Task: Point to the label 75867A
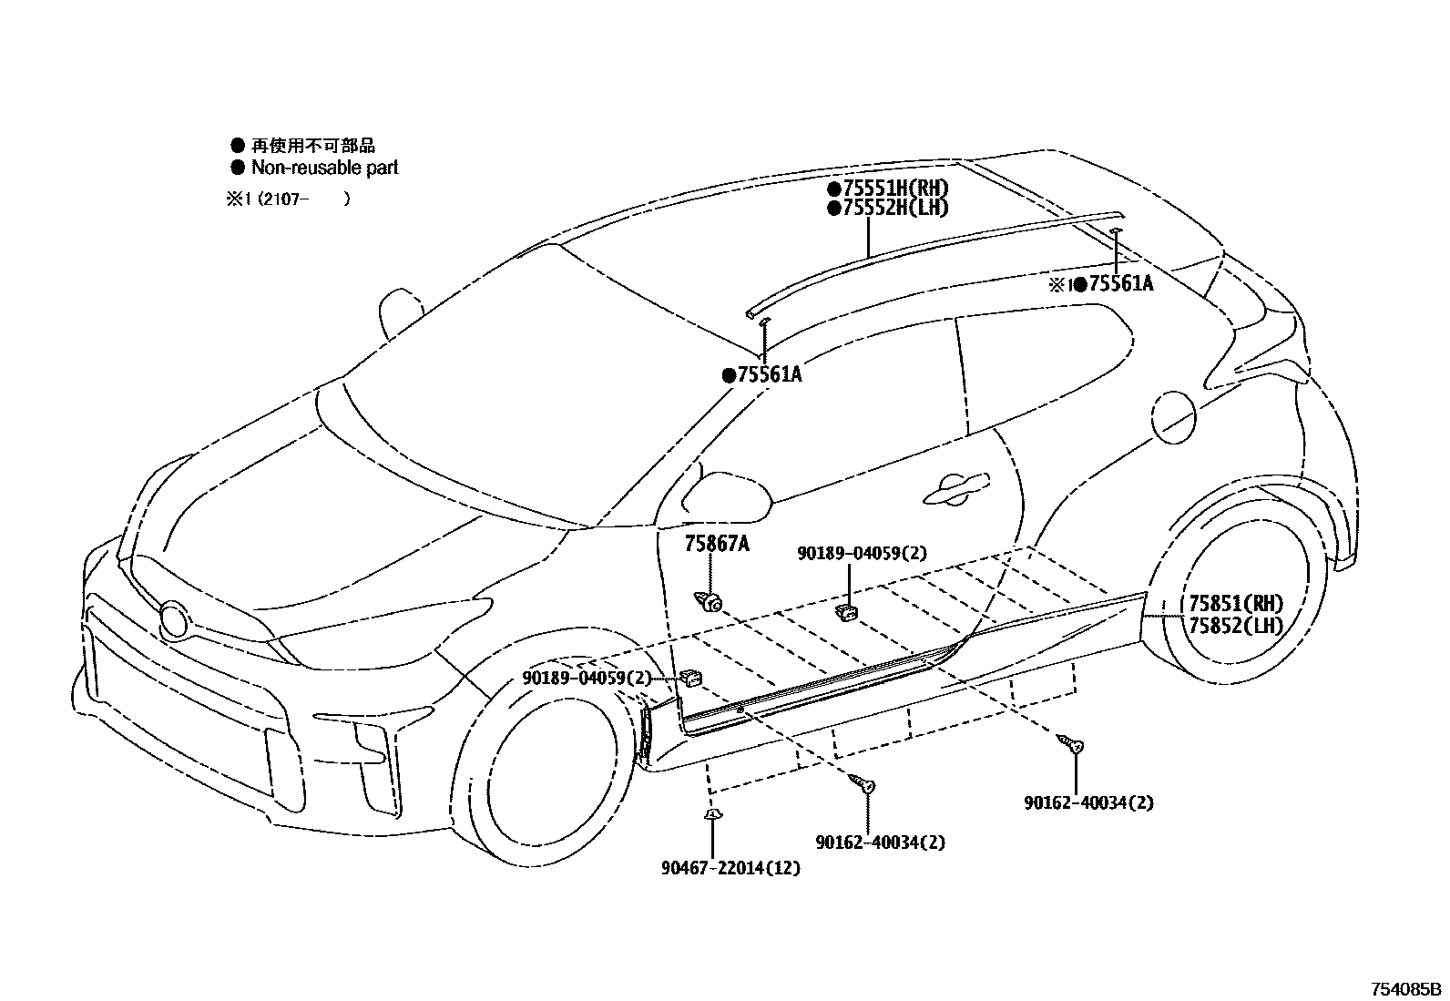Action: tap(717, 545)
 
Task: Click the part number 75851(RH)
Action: tap(1235, 604)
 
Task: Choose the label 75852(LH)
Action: tap(1235, 625)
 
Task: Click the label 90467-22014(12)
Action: tap(730, 868)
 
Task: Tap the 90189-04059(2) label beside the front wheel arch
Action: tap(587, 678)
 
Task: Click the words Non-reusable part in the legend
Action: tap(324, 168)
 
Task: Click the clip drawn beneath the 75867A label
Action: tap(710, 600)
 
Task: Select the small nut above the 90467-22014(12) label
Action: tap(712, 814)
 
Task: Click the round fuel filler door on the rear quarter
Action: tap(1173, 416)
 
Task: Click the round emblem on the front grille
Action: tap(173, 619)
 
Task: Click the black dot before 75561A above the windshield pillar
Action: tap(728, 374)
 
